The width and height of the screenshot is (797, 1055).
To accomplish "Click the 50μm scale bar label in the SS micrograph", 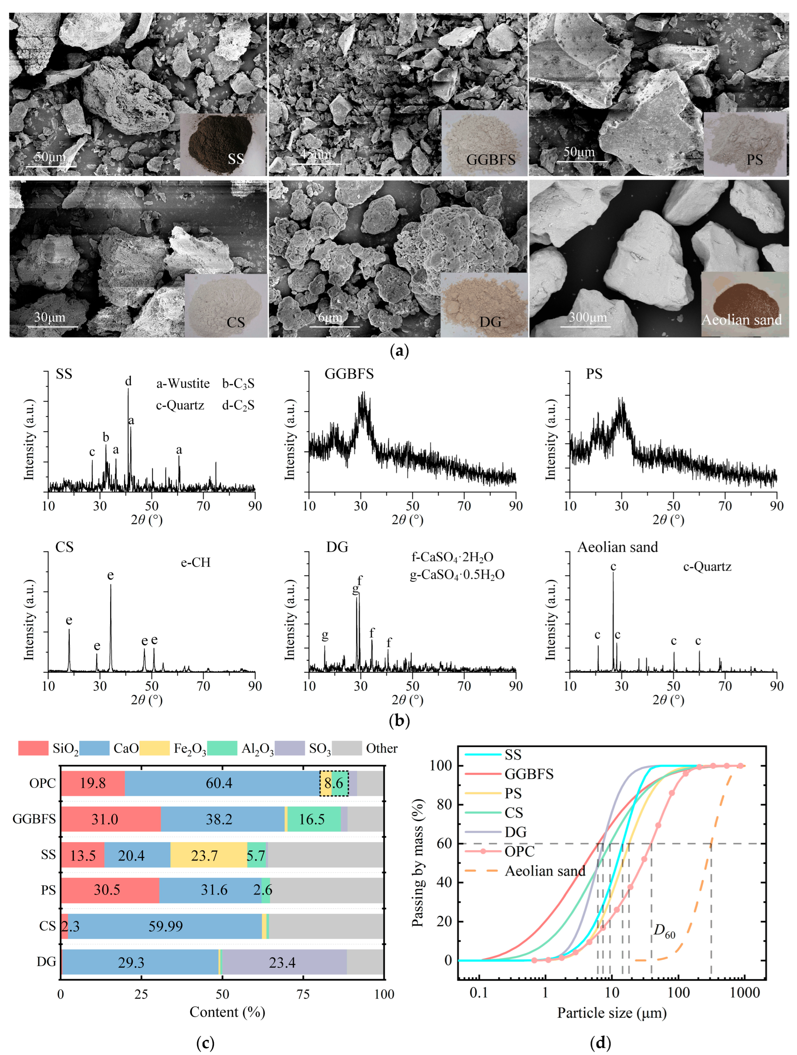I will click(x=50, y=156).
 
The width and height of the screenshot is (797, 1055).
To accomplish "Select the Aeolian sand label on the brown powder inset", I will click(x=741, y=320).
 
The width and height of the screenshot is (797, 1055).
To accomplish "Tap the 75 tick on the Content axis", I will click(x=303, y=994).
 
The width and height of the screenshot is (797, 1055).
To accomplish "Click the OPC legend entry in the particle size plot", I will click(x=519, y=851).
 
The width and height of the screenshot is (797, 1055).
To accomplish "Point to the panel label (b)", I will click(x=399, y=721).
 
